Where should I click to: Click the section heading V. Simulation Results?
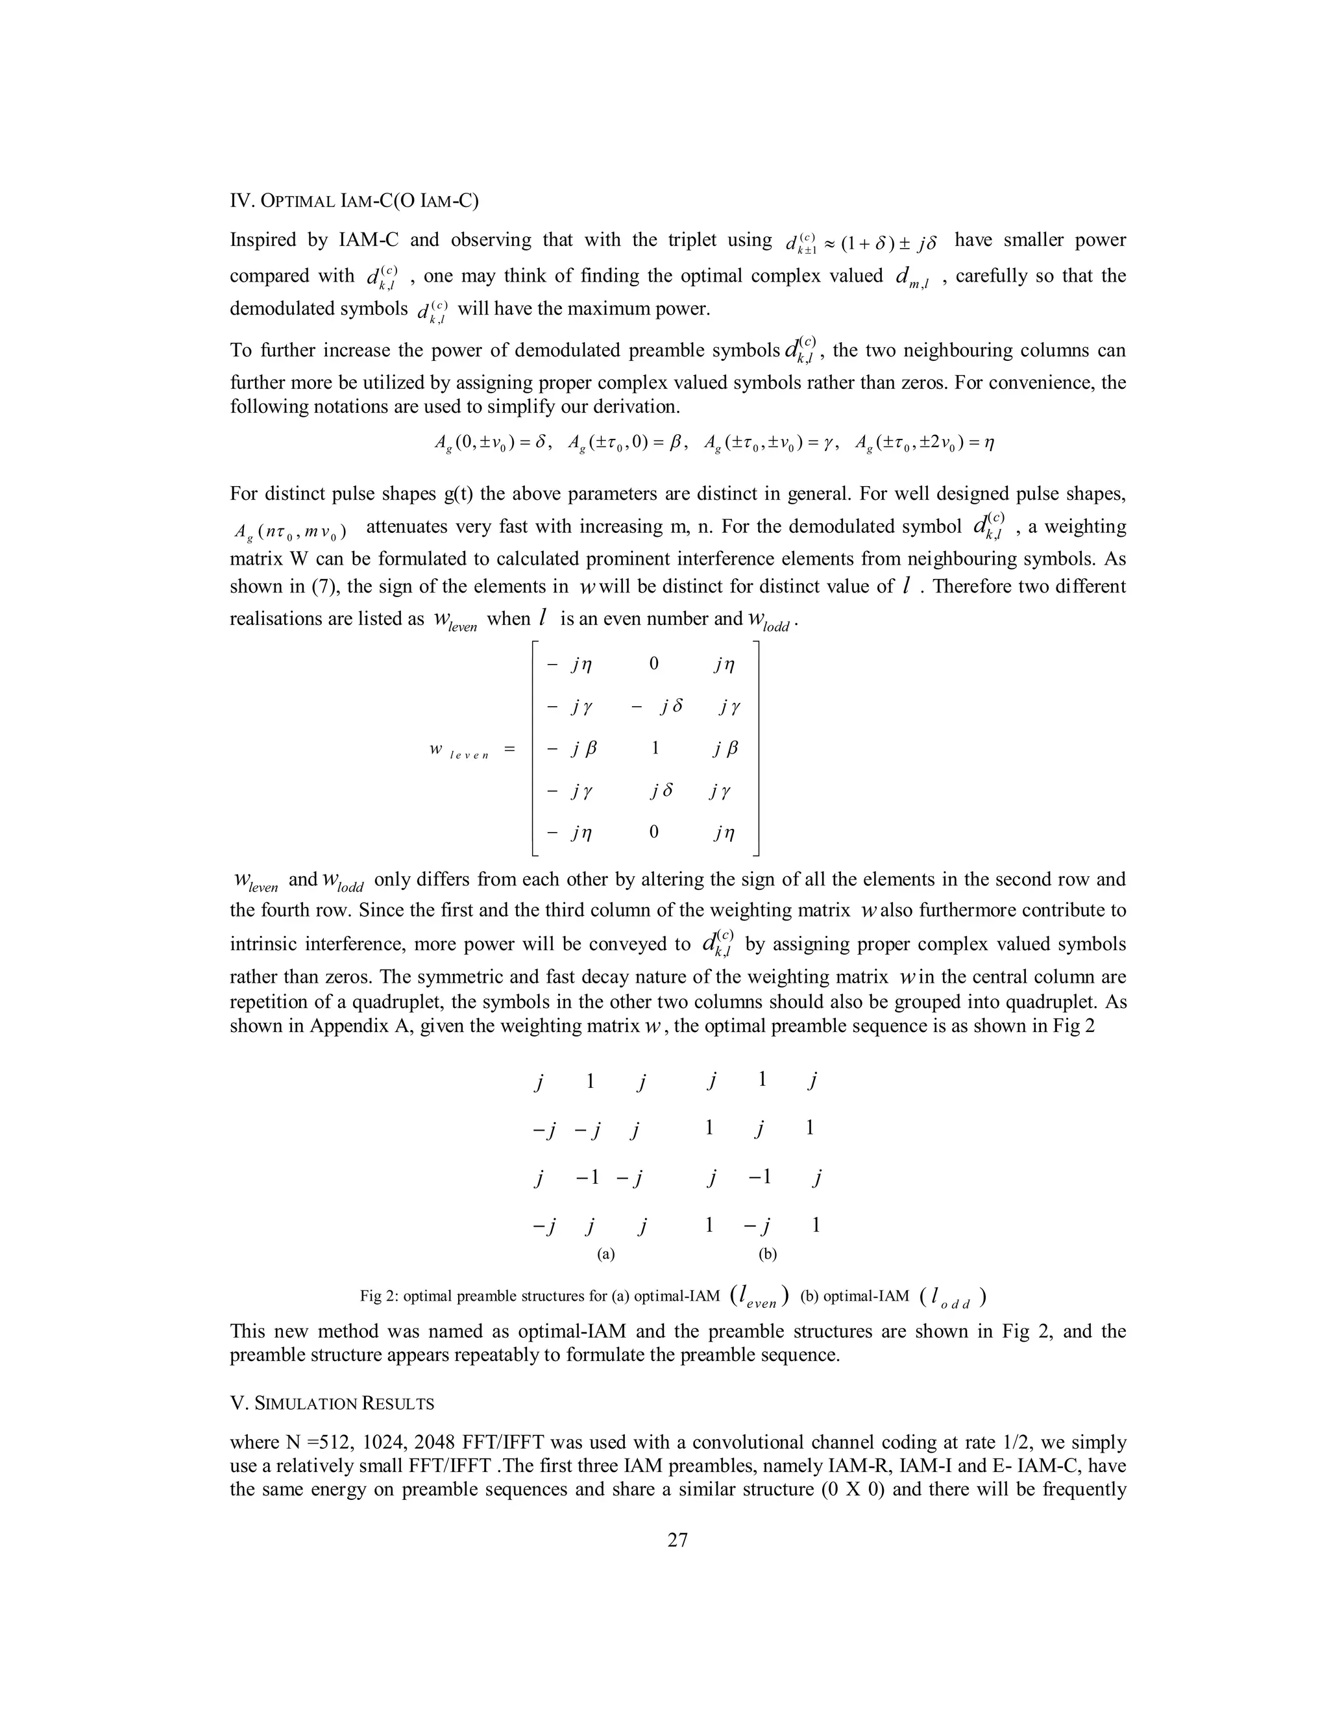pos(332,1403)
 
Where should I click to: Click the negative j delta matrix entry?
pos(657,706)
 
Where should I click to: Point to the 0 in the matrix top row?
pos(653,665)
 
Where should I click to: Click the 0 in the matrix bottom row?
pos(653,831)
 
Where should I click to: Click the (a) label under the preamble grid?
pos(605,1254)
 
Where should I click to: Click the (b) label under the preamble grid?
pos(768,1254)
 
